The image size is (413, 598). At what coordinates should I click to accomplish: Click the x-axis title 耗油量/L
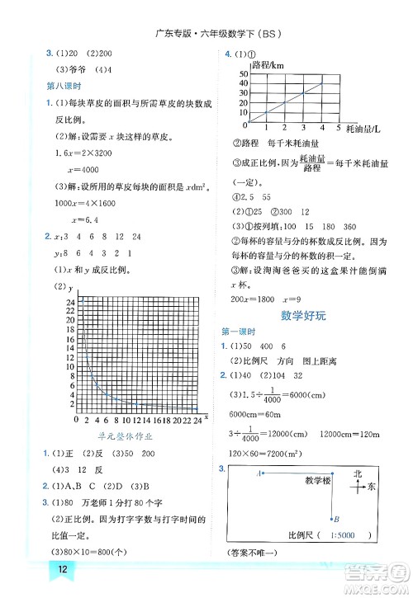[363, 129]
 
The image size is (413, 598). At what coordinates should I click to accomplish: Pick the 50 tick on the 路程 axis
[244, 74]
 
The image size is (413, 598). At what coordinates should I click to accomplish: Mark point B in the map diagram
[335, 518]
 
